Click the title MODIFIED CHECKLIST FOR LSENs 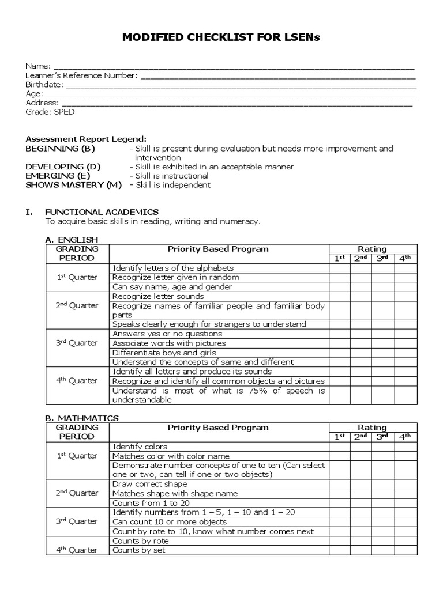pos(221,37)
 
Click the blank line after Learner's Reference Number pos(277,76)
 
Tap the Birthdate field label pos(44,85)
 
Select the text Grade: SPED pos(50,112)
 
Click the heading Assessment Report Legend pos(86,139)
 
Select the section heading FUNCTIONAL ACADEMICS pos(102,212)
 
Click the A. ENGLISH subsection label pos(72,240)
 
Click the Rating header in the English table pos(373,249)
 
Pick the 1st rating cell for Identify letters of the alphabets pos(340,268)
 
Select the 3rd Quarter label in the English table pos(77,343)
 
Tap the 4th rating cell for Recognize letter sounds pos(406,296)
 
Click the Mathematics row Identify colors pos(140,447)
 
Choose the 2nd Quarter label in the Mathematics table pos(77,493)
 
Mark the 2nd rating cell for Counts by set pos(361,550)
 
